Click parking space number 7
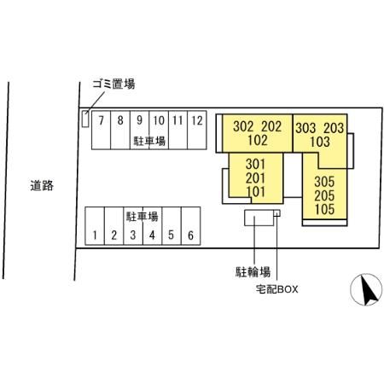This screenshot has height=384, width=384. tap(101, 130)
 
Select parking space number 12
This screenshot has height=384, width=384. tap(197, 130)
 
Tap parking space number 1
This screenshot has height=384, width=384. tap(95, 226)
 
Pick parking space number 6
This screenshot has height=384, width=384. tap(191, 226)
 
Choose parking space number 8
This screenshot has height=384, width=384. tap(120, 130)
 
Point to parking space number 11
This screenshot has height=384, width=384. tap(178, 130)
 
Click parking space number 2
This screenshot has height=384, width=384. tap(114, 226)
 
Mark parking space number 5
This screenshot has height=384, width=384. tap(172, 226)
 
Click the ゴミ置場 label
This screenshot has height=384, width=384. tap(113, 84)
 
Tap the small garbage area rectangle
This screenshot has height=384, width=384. tap(85, 119)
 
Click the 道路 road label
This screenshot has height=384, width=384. tap(42, 185)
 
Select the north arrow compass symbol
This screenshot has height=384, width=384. tap(366, 289)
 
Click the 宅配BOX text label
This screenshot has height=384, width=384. tap(276, 289)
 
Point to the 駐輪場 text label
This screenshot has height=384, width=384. tap(253, 272)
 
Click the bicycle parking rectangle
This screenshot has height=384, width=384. tap(259, 218)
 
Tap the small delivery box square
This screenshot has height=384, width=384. tap(277, 213)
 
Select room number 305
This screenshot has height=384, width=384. tap(324, 182)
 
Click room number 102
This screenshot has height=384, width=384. tap(258, 140)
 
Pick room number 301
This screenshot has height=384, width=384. tap(255, 164)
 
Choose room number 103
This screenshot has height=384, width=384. tap(320, 142)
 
